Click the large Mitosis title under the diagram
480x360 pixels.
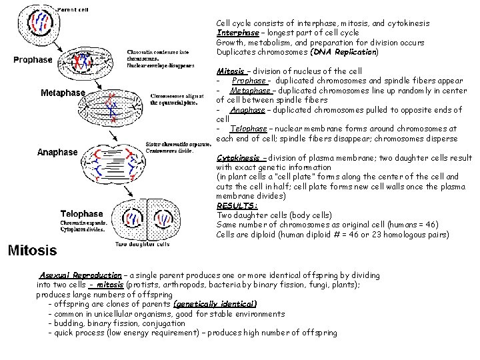[x=33, y=251]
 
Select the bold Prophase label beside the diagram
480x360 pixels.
[x=33, y=59]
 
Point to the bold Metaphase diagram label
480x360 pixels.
[x=63, y=93]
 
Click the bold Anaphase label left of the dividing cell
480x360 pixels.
[x=57, y=152]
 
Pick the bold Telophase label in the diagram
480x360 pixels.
[x=82, y=214]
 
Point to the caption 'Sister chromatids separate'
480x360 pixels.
[x=178, y=144]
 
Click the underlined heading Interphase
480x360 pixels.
[x=237, y=33]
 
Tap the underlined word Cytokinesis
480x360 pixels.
[x=238, y=158]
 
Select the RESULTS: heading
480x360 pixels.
[x=237, y=206]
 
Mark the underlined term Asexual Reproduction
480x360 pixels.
[x=80, y=275]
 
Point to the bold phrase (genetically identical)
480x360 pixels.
[x=215, y=304]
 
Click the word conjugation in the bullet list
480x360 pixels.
[x=163, y=323]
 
